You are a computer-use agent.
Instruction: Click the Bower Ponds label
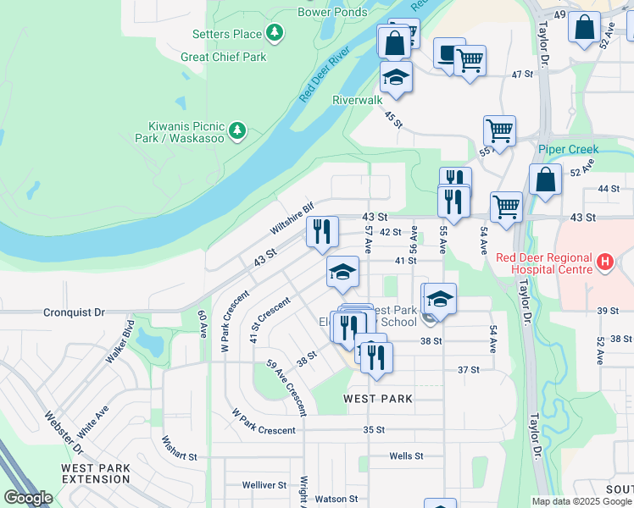click(x=332, y=12)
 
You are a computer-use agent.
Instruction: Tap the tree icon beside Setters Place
click(x=275, y=33)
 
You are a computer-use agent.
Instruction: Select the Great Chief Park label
click(x=223, y=57)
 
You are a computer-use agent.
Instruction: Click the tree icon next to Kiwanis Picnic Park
click(x=239, y=130)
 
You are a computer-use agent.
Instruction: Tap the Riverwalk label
click(x=358, y=99)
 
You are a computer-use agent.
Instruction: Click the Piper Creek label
click(x=568, y=149)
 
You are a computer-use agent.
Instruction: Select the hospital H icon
click(x=604, y=262)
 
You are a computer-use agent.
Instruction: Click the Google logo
click(x=28, y=498)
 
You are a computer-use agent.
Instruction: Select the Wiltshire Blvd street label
click(x=292, y=218)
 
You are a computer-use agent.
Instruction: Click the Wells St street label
click(x=406, y=456)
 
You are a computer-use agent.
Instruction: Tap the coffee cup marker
click(x=449, y=52)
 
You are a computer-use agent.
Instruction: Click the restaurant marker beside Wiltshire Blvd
click(x=322, y=231)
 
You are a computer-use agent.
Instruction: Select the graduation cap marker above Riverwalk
click(x=396, y=77)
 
